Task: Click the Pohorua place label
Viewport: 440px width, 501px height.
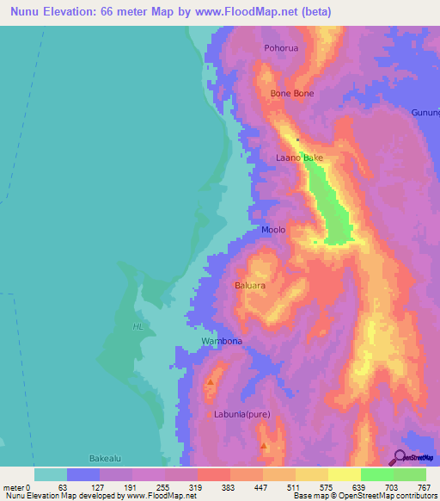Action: pyautogui.click(x=281, y=48)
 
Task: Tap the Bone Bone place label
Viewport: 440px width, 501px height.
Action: pyautogui.click(x=292, y=93)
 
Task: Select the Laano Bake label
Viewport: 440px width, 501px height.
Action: pyautogui.click(x=299, y=158)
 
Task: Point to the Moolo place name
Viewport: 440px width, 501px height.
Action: pyautogui.click(x=273, y=230)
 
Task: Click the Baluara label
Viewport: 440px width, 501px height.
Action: pyautogui.click(x=250, y=284)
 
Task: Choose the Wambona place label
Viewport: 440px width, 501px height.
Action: pyautogui.click(x=222, y=342)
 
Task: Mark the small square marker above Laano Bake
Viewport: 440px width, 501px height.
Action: pyautogui.click(x=298, y=139)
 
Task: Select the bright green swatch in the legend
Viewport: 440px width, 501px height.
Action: pyautogui.click(x=376, y=474)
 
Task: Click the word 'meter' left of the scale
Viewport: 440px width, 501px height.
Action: pyautogui.click(x=15, y=486)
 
